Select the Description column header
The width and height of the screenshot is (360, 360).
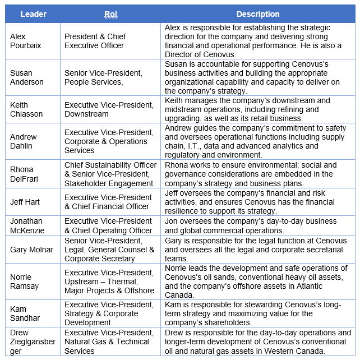257,14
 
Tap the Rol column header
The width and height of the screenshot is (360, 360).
110,14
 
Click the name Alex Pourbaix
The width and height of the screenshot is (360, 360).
25,41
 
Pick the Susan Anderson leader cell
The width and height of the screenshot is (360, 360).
26,77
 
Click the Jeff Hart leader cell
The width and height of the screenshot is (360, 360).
26,202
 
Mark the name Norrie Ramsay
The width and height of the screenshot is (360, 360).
25,281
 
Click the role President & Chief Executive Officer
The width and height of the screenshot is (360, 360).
95,41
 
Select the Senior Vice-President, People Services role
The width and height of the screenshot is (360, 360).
103,77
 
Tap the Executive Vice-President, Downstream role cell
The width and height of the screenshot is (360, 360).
109,109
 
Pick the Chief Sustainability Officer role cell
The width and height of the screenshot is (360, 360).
110,174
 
